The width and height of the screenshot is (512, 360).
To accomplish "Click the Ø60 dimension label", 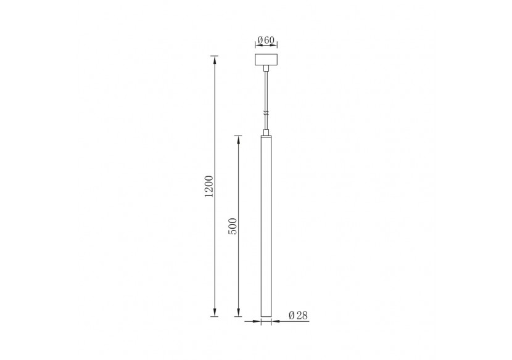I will pyautogui.click(x=266, y=40).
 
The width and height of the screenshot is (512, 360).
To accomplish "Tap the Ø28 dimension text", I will pyautogui.click(x=298, y=315).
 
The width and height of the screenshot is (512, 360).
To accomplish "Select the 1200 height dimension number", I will pyautogui.click(x=209, y=187).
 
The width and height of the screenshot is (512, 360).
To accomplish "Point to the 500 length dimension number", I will pyautogui.click(x=233, y=226).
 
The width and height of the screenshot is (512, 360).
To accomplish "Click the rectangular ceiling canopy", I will pyautogui.click(x=266, y=62).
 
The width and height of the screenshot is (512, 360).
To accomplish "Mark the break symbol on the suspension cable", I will pyautogui.click(x=266, y=113).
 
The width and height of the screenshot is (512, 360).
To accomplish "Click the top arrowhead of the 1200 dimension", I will pyautogui.click(x=215, y=59).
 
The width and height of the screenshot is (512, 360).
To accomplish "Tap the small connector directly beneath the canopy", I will pyautogui.click(x=266, y=70).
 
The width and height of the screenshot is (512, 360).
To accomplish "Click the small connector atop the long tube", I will pyautogui.click(x=266, y=132).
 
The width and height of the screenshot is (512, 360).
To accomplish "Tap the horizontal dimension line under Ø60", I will pyautogui.click(x=266, y=47).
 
